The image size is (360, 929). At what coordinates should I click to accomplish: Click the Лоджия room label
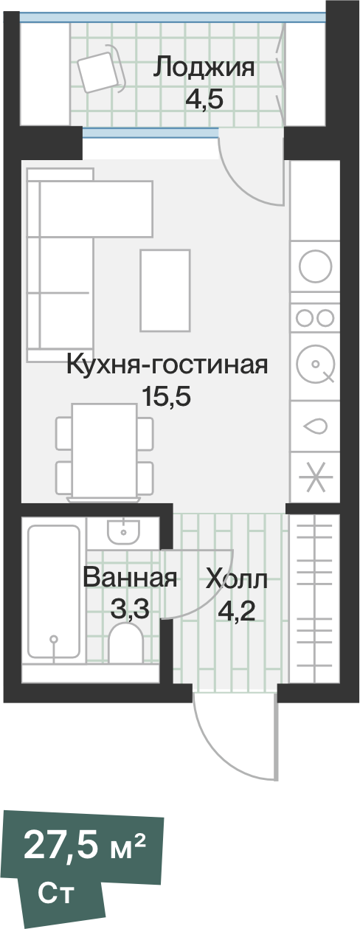[204, 68]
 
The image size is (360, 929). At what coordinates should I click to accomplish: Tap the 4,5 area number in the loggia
[204, 99]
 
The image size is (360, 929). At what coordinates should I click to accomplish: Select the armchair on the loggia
[100, 67]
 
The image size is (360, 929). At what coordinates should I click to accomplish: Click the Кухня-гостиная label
[166, 365]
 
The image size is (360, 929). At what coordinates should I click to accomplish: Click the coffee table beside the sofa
[165, 291]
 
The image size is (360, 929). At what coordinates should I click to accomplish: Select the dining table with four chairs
[104, 449]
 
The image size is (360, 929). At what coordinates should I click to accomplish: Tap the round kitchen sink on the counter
[316, 265]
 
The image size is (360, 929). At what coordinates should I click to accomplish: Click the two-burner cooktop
[315, 318]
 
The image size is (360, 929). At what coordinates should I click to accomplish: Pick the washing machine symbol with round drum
[315, 364]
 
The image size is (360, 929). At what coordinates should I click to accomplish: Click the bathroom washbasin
[122, 530]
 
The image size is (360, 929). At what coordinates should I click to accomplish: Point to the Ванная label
[130, 578]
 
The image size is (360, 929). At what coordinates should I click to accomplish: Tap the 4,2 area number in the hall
[236, 611]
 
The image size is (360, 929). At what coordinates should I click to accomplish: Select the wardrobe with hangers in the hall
[315, 598]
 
